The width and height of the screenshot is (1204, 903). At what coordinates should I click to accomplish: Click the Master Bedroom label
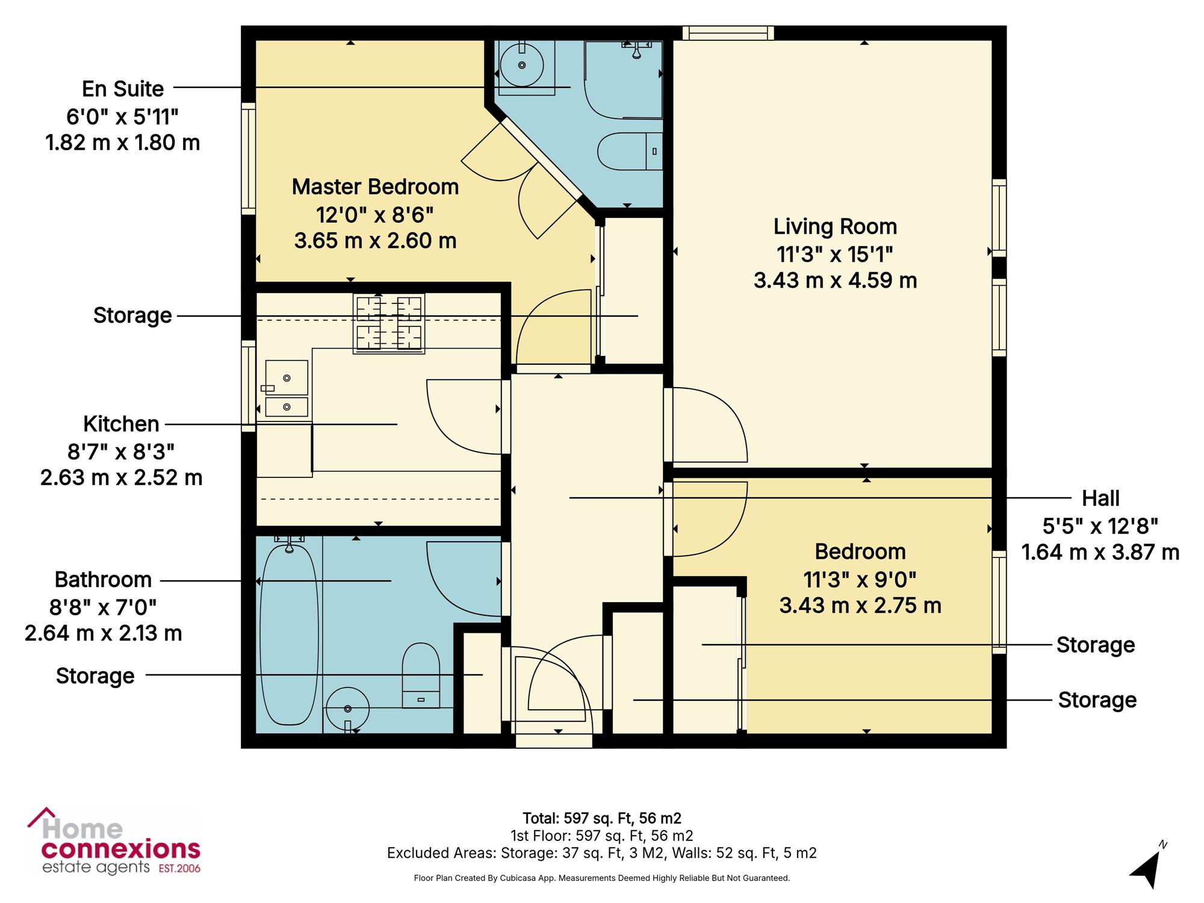375,187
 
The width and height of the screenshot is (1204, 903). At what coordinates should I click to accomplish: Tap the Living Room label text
835,226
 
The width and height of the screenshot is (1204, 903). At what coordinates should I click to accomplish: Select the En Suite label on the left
123,88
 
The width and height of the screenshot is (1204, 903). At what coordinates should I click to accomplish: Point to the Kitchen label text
121,424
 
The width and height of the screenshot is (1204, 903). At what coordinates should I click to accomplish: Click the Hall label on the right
1100,498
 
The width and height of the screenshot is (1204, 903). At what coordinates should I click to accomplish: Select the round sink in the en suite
522,65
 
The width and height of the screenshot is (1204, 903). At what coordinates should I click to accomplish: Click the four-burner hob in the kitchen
389,323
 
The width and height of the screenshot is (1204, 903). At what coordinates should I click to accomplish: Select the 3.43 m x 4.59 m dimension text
835,280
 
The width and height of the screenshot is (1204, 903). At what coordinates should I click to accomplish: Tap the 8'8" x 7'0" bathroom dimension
103,607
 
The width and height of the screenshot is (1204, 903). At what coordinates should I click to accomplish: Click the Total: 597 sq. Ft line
602,818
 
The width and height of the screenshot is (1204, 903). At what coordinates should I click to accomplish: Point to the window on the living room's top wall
728,33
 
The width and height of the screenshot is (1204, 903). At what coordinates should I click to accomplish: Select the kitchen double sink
287,388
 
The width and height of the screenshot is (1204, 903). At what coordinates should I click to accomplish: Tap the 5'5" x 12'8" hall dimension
1100,526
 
